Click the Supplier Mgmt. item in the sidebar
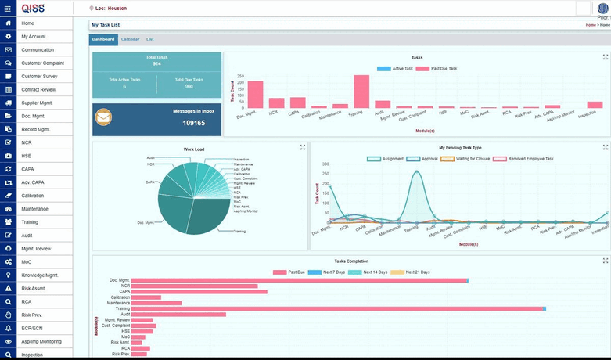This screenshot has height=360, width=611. tap(38, 103)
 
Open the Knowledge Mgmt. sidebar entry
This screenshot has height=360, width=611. tap(40, 275)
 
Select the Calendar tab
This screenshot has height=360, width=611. tap(130, 39)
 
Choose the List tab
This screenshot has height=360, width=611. tap(149, 39)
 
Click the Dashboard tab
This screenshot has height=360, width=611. tap(103, 39)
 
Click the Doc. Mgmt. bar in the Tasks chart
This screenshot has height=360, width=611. tap(255, 95)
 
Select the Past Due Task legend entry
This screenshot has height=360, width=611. tap(437, 69)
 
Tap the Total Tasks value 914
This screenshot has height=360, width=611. tap(156, 63)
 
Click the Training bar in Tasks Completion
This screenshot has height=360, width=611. tap(336, 309)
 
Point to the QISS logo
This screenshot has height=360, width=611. tap(34, 8)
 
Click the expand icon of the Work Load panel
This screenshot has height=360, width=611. tap(303, 147)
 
